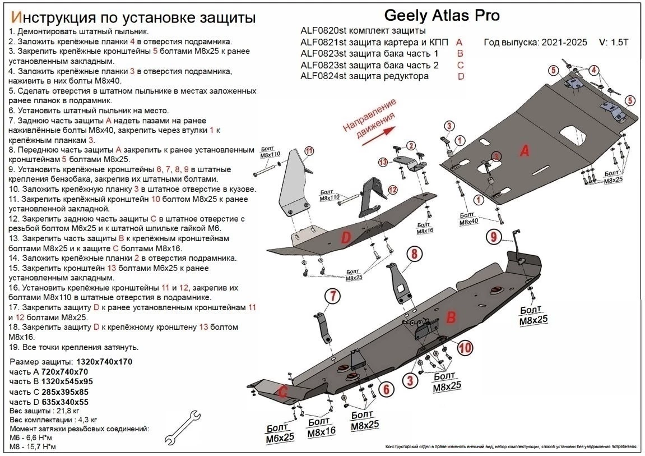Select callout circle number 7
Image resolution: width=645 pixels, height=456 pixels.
point(332,296)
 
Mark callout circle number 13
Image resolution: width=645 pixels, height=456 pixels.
point(383,162)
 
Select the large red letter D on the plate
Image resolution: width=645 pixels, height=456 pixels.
point(346,238)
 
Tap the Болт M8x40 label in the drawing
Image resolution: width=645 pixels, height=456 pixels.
point(469,219)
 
